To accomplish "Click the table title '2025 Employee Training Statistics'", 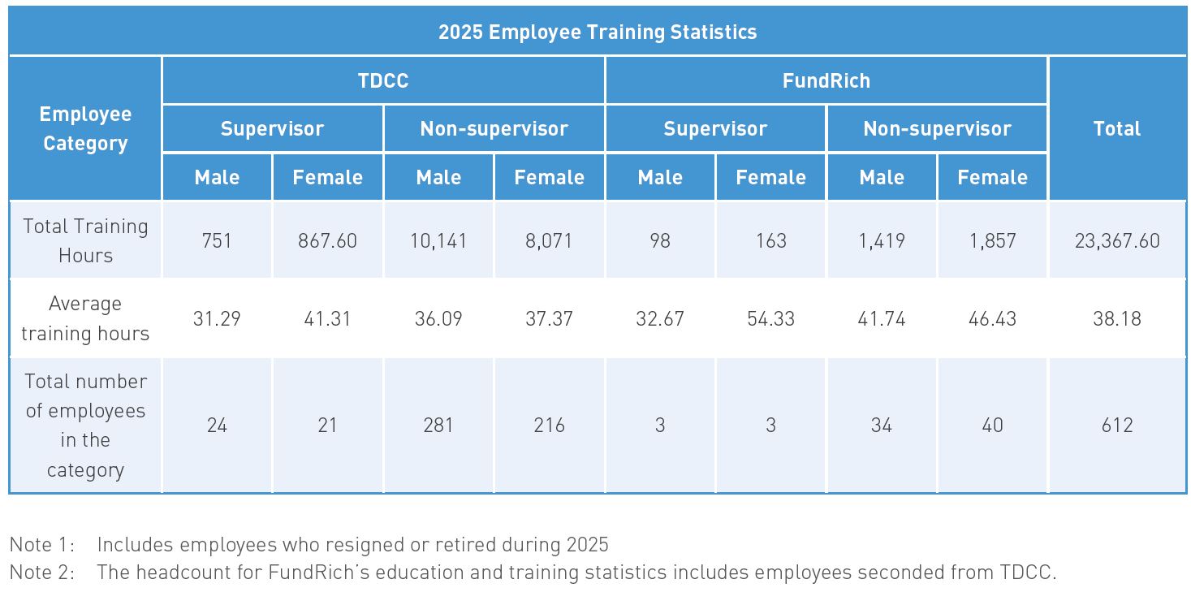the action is coord(597,32).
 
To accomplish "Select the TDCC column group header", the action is coord(383,81).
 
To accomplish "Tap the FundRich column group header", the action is coord(826,81).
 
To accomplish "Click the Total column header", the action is coord(1116,129).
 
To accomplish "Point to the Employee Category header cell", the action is coord(85,129).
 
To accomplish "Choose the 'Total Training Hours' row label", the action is coord(85,240).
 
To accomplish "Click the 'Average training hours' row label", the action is coord(85,318).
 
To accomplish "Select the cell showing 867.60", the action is coord(327,241).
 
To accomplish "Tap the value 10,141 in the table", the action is coord(438,241).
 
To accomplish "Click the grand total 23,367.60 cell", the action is coord(1116,241).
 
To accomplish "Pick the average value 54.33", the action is coord(770,318).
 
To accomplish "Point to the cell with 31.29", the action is coord(217,318).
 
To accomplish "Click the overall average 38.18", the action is coord(1116,318).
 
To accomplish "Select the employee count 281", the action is coord(438,425).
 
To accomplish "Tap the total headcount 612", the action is coord(1116,425).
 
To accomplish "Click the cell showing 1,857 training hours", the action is coord(992,241).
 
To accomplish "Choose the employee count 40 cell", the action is coord(992,425).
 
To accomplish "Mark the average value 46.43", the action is coord(992,318).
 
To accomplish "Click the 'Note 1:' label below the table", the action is coord(42,545).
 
